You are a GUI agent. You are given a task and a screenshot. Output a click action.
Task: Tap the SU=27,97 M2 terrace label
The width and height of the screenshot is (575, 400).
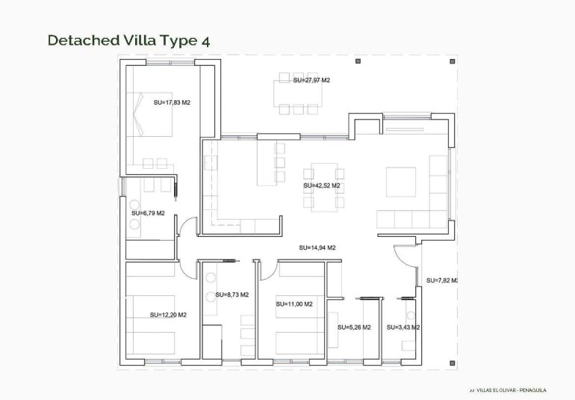[x=311, y=80]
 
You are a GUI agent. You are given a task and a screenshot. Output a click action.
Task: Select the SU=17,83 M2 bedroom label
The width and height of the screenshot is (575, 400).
[x=172, y=102]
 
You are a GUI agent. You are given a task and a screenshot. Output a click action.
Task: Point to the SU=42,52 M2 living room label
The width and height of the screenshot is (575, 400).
[x=322, y=185]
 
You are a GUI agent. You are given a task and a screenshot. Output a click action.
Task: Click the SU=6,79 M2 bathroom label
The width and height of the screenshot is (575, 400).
[x=148, y=213]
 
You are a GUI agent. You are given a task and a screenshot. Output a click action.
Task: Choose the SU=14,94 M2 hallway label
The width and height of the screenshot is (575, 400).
[x=317, y=247]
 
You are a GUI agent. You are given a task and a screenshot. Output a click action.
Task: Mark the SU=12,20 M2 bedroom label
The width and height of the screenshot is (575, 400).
[x=168, y=315]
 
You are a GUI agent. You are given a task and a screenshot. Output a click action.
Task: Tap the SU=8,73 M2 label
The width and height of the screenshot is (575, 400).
[x=231, y=295]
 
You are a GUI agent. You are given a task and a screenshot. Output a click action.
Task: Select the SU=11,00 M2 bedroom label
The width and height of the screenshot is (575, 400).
[x=293, y=304]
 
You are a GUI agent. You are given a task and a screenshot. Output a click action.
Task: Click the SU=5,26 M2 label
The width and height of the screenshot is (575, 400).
[x=354, y=327]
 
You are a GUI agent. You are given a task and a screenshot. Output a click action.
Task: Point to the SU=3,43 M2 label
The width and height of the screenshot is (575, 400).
[x=403, y=327]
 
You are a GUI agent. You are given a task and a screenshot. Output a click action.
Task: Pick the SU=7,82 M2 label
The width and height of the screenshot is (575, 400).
[x=441, y=280]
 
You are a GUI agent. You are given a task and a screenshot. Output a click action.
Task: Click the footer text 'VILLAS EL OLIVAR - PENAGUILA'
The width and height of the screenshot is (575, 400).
[x=512, y=390]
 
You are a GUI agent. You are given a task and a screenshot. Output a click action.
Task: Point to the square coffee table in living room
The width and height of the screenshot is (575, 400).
[x=401, y=181]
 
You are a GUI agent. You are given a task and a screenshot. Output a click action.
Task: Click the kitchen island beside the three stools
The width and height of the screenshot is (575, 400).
[x=265, y=163]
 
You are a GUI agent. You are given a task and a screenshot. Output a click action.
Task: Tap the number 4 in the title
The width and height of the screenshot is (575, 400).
[x=205, y=40]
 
